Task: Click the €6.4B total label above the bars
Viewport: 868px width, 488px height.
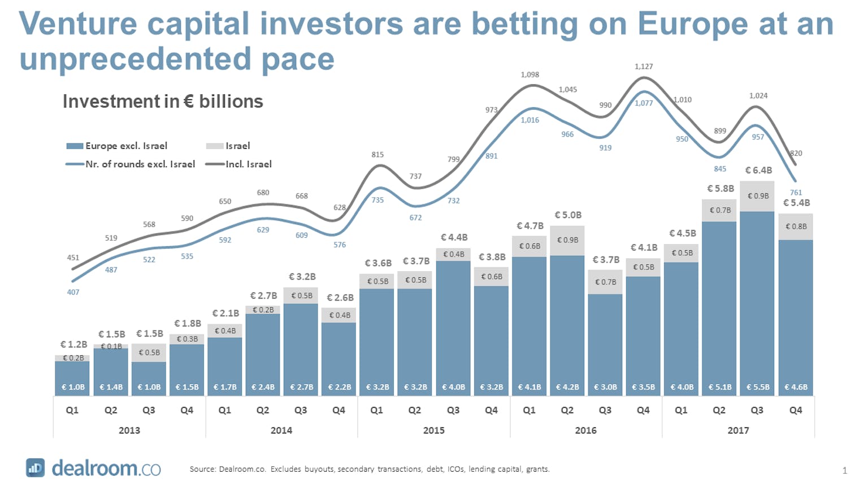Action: [758, 170]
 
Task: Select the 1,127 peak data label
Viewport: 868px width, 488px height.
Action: [644, 67]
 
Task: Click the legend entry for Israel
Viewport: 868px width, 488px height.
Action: [237, 146]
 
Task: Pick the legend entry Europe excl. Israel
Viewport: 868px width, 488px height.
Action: [126, 146]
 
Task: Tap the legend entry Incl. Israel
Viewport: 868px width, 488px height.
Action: [248, 164]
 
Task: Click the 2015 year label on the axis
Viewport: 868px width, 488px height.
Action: [433, 430]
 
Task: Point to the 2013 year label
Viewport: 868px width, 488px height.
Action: [129, 430]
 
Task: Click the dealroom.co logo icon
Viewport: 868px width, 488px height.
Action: [35, 468]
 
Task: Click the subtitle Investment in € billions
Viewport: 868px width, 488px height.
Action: [163, 102]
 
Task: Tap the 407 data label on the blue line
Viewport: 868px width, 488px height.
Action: [73, 292]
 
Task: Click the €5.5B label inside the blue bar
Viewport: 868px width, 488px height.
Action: [758, 387]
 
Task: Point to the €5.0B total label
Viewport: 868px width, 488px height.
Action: [567, 215]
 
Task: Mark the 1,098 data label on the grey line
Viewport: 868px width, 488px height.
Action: [530, 75]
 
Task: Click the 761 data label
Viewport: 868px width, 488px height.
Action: [796, 193]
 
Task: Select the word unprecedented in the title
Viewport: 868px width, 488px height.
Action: [134, 59]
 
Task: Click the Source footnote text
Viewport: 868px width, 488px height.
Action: [370, 469]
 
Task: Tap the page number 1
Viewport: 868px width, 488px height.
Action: [845, 470]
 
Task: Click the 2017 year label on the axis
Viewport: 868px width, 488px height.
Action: [738, 430]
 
